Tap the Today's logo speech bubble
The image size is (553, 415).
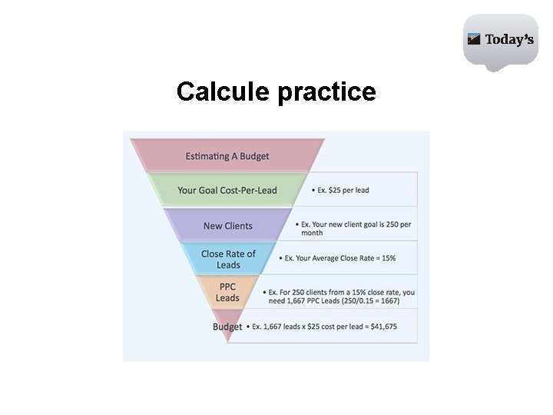[500, 40]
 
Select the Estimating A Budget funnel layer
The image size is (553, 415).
[227, 156]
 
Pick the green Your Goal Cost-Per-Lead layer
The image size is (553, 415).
[227, 191]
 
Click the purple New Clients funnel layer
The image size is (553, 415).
[227, 226]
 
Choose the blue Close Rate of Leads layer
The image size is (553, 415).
[228, 259]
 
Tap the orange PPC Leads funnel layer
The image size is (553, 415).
[227, 292]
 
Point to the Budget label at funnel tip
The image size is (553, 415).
[227, 327]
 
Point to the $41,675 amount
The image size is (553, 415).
[382, 327]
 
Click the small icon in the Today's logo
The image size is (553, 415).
[475, 38]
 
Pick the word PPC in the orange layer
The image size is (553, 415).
[227, 287]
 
